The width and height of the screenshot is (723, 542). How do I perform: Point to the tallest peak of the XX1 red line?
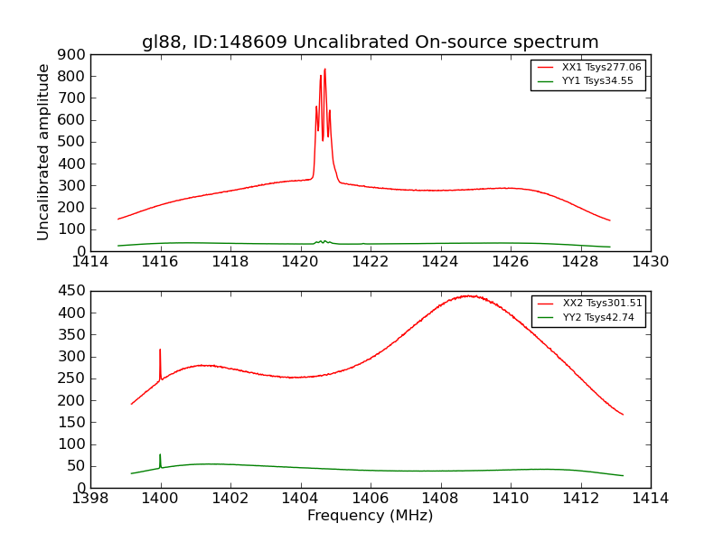click(x=324, y=70)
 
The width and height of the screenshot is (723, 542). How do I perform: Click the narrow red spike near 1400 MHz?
click(x=160, y=350)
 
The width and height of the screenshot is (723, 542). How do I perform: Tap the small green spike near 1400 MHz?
click(x=160, y=455)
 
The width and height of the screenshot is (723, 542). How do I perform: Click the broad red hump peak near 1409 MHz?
click(x=468, y=295)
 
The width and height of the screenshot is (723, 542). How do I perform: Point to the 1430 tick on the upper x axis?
click(x=650, y=262)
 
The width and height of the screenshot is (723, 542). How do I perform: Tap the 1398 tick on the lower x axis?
click(x=90, y=499)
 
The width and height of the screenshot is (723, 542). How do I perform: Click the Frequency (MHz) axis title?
click(x=370, y=516)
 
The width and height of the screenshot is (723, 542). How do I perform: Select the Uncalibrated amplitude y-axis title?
click(x=44, y=152)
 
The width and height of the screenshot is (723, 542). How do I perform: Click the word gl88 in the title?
click(x=160, y=42)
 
